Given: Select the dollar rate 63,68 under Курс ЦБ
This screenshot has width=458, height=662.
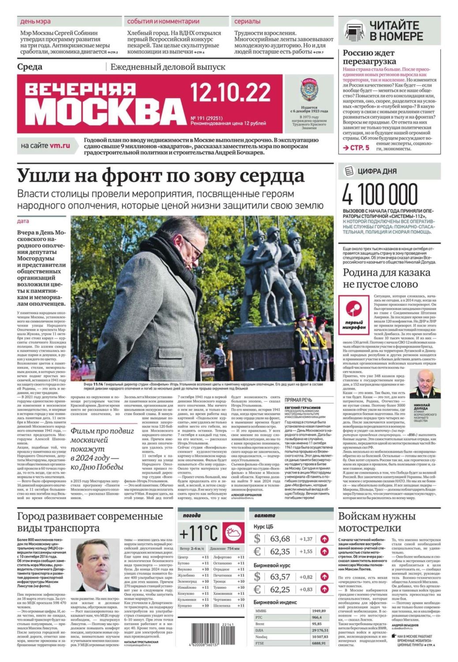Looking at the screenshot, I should (x=280, y=538).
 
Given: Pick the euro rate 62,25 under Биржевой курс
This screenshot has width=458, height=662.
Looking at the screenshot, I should (x=280, y=589).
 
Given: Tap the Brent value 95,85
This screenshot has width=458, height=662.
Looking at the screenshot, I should (x=317, y=624).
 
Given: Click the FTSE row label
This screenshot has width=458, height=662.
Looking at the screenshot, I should (x=260, y=643).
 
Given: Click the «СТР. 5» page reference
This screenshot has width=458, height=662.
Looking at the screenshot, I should (x=357, y=148).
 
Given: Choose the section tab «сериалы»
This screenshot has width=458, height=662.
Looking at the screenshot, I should (x=247, y=21).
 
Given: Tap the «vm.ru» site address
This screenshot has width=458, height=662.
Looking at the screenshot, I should (x=60, y=145).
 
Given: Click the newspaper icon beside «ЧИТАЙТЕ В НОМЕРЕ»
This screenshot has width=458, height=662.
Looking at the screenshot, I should (x=354, y=30).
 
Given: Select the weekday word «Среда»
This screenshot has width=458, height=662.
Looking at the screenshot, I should (x=30, y=67).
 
